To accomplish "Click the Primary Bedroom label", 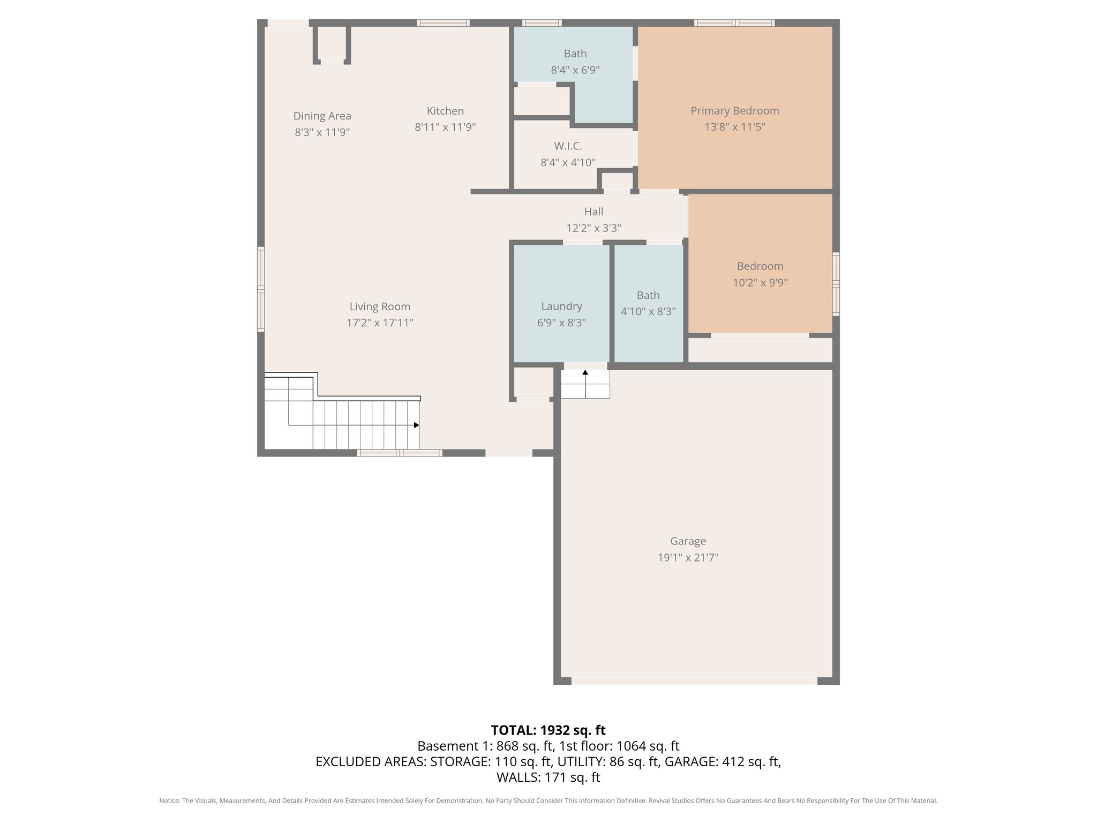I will point(734,111).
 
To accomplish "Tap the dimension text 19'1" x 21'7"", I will point(688,558).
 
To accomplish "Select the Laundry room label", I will point(561,306).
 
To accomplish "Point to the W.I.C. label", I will point(568,146).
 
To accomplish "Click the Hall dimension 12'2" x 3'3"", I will point(593,228).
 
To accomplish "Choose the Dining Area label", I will point(322,116).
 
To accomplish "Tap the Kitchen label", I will point(445,111).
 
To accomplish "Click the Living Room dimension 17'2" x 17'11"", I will point(380,323).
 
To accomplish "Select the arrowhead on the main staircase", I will point(417,425).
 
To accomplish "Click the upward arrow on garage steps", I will point(585,372).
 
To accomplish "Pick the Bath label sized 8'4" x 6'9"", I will point(575,54).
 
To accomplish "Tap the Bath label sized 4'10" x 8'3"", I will point(648,295).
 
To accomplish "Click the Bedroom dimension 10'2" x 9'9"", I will point(760,283).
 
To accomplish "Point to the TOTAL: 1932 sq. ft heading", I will point(548,730).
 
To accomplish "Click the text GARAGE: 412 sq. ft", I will point(723,761).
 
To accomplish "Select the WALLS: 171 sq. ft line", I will point(548,777).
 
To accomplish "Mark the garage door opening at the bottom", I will point(694,681).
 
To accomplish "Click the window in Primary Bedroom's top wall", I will point(734,23).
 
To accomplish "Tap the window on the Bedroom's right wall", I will point(836,284).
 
